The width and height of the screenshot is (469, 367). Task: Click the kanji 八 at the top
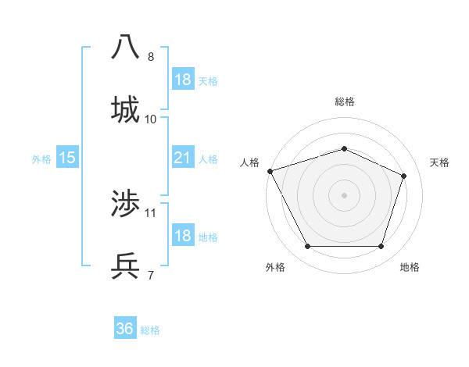point(125,48)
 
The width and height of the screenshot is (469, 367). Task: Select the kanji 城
point(125,110)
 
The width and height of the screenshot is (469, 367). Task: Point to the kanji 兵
point(125,266)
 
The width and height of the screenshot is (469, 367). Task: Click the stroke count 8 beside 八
point(151,57)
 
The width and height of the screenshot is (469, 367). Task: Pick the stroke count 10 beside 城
point(151,119)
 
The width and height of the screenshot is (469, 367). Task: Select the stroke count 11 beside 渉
point(151,212)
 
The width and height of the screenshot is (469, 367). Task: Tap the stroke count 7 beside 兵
point(151,275)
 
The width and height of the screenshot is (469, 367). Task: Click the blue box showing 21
point(182,158)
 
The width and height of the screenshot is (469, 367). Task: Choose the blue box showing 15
point(67,158)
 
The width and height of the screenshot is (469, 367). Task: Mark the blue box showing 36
point(125,329)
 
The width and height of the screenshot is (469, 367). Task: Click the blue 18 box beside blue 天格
point(182,80)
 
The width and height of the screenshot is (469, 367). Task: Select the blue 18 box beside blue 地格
point(182,236)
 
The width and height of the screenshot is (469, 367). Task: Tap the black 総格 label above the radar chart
point(344,102)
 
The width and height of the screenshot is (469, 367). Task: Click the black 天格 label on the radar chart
point(439,162)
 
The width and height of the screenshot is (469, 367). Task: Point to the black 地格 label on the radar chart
point(410,268)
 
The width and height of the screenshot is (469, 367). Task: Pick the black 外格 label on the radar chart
point(275,268)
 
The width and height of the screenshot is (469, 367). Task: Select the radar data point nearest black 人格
point(270,171)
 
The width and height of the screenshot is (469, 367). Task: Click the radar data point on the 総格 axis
point(344,148)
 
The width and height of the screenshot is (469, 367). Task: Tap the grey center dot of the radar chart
point(344,194)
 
